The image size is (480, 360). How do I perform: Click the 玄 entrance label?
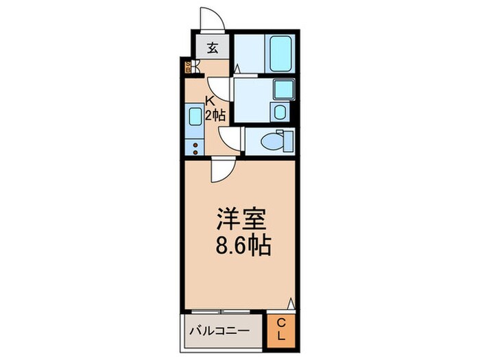click(x=213, y=48)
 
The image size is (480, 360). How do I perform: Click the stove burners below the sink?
click(x=194, y=147)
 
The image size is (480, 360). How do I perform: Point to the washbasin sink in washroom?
click(x=282, y=89)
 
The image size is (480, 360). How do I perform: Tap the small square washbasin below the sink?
click(x=279, y=112)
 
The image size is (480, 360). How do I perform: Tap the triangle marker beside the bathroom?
click(x=236, y=69)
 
